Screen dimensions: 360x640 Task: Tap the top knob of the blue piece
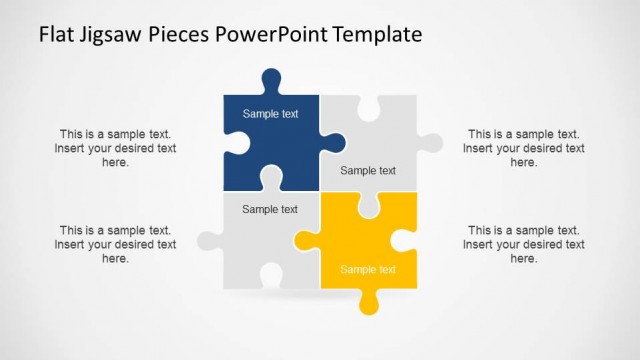[x=270, y=80]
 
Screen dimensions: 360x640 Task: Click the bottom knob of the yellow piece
[x=367, y=301]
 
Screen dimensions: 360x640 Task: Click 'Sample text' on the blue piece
[x=270, y=114]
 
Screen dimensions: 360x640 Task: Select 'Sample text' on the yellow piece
[x=367, y=269]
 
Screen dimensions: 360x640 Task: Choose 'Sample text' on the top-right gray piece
[x=367, y=170]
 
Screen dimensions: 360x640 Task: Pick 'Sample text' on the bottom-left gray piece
[x=270, y=209]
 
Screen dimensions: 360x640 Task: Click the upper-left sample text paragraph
[x=115, y=148]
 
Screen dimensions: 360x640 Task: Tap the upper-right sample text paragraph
[x=523, y=148]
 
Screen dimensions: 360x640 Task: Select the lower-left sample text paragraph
[x=115, y=244]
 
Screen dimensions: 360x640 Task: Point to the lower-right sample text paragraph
[x=523, y=244]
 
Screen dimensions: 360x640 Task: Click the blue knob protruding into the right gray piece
[x=333, y=142]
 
